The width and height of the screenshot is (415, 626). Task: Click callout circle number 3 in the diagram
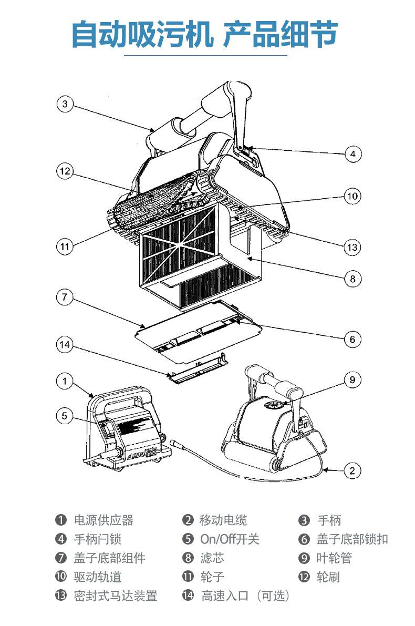point(65,104)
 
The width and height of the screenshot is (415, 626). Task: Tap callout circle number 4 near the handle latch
point(353,153)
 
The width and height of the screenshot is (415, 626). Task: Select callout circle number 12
point(65,171)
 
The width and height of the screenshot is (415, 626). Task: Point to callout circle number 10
point(352,196)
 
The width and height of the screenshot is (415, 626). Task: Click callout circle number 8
point(352,279)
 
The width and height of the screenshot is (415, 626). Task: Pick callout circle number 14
point(65,345)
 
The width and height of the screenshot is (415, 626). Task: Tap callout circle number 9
point(352,379)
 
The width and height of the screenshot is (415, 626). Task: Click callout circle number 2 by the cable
point(352,471)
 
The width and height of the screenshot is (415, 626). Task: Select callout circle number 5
point(65,416)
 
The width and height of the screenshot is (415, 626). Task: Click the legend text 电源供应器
point(103,520)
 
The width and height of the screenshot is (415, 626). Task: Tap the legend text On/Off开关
point(230,539)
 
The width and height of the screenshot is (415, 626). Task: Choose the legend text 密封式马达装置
point(116,596)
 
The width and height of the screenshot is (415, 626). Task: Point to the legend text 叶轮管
point(334,558)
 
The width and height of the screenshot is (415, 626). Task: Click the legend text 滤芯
point(212,558)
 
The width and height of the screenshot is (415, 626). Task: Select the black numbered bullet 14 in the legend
point(188,596)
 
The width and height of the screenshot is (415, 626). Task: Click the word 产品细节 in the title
point(280,34)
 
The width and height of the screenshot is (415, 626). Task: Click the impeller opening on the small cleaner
point(276,405)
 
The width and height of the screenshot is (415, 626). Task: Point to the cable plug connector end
point(175,444)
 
